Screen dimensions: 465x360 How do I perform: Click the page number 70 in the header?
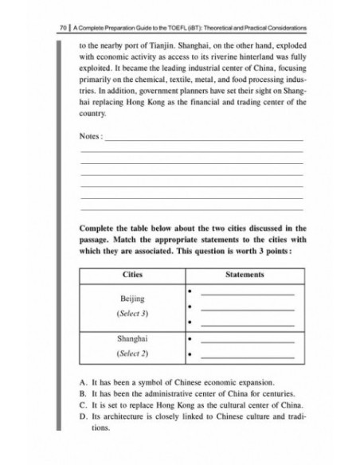pyautogui.click(x=53, y=28)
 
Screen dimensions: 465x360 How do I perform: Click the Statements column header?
pyautogui.click(x=245, y=275)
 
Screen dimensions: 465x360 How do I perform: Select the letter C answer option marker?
pyautogui.click(x=83, y=407)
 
